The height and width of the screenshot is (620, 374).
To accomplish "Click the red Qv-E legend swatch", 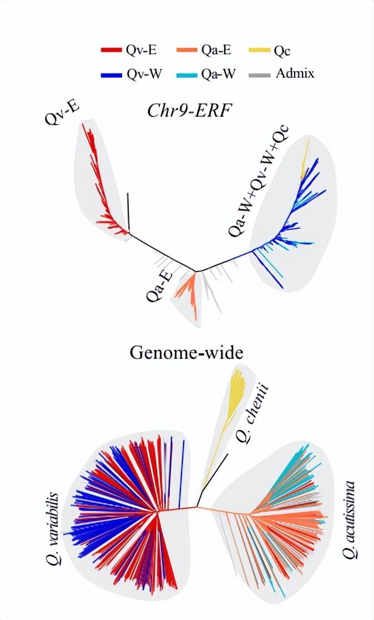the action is pos(111,50).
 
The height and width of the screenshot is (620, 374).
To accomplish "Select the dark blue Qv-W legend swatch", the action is pos(111,74).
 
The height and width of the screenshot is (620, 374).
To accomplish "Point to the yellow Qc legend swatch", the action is pos(260,50).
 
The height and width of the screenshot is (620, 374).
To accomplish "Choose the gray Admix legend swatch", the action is pos(260,74).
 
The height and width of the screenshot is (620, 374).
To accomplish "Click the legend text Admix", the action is pos(295,73).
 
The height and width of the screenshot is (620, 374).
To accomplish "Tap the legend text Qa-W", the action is pos(218,74).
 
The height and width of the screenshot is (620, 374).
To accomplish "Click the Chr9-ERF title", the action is pos(189,111).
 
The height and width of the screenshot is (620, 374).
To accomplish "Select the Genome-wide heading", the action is pos(186,352).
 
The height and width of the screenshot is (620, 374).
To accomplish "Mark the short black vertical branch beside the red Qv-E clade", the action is pos(128,212).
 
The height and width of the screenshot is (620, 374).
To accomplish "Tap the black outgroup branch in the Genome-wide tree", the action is pos(214,474).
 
